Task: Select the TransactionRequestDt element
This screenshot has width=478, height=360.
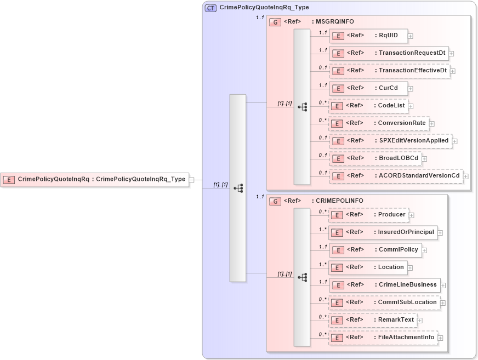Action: tap(389, 53)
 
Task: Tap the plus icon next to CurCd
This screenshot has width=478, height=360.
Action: tap(411, 89)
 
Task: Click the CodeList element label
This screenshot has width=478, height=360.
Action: tap(391, 105)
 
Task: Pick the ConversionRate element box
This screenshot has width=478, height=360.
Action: tap(379, 123)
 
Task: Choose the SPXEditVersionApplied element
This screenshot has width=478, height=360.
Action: tap(390, 141)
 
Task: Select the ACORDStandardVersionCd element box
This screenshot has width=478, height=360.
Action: tap(396, 176)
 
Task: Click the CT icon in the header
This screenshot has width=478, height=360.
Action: tap(210, 8)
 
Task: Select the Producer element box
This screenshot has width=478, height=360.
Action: tap(368, 215)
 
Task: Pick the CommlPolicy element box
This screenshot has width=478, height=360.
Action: tap(375, 250)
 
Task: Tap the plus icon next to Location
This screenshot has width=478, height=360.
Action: tap(411, 268)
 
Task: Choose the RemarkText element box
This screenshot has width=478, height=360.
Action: tap(372, 320)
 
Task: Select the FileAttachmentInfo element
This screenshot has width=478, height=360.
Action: tap(383, 338)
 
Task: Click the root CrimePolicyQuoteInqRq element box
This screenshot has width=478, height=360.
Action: tap(94, 179)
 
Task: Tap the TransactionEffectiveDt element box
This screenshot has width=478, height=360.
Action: tap(389, 71)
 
